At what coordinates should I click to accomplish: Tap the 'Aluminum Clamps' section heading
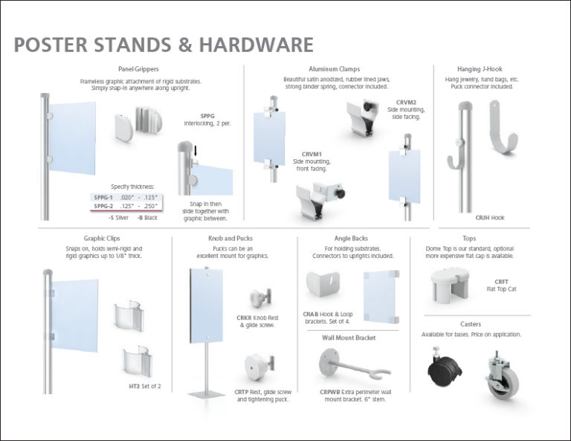click(340, 69)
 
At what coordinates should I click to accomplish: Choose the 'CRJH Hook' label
click(489, 218)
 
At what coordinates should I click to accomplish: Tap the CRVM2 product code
click(406, 102)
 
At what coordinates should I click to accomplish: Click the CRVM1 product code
click(312, 154)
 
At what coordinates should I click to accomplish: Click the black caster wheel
click(442, 369)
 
